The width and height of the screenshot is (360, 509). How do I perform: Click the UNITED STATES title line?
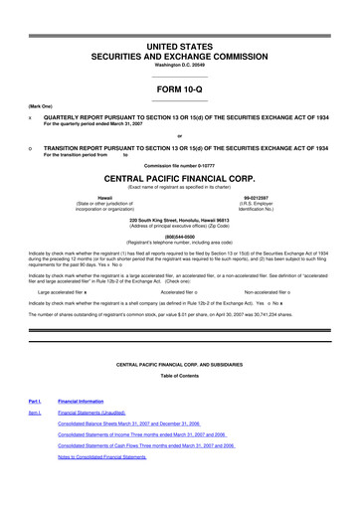coord(180,48)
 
